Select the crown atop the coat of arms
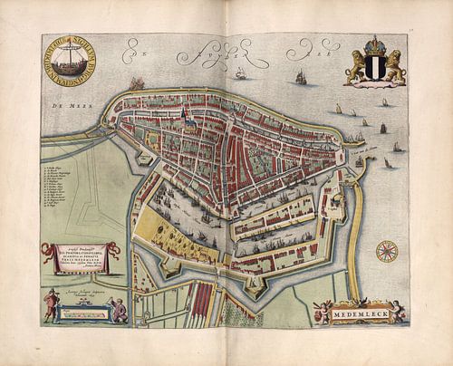pos(375,45)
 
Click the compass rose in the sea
pos(387,250)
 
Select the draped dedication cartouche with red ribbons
pos(80,256)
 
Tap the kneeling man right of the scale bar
pos(117,311)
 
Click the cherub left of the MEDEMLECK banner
pos(321,310)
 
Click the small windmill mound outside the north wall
pos(139,84)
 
